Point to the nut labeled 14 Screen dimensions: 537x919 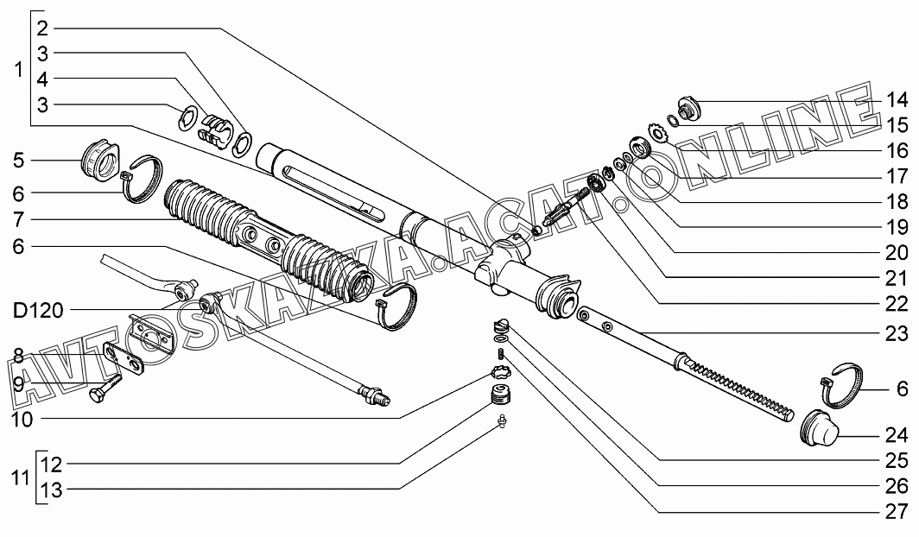tap(689, 109)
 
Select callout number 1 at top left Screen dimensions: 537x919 tap(19, 71)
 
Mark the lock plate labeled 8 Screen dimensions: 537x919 tap(121, 357)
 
